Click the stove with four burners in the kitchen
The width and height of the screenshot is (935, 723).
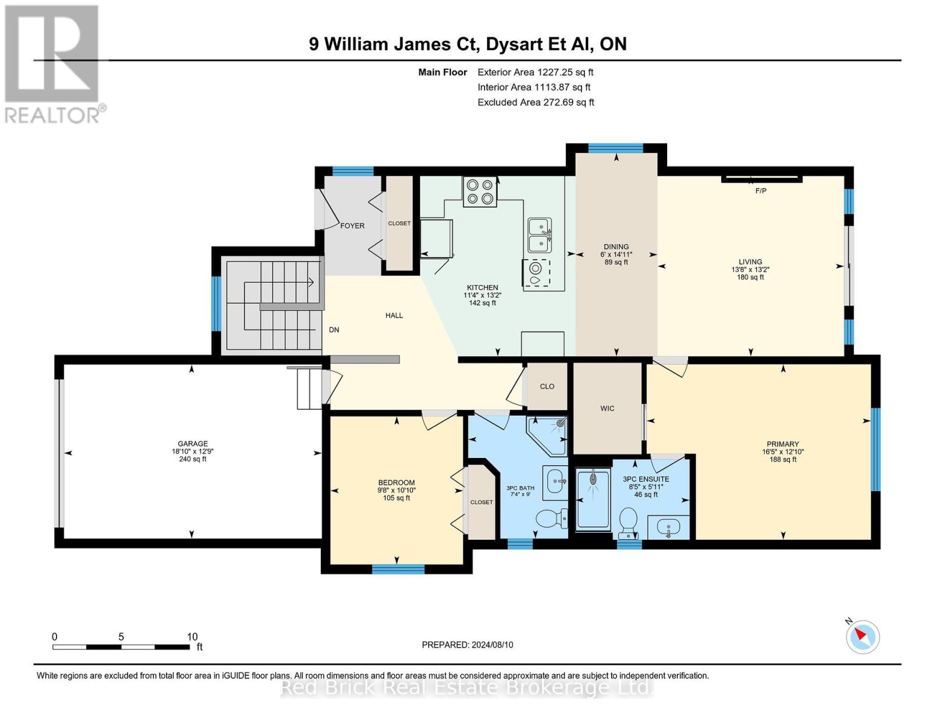tap(480, 192)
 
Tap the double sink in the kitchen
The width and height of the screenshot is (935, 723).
tap(539, 235)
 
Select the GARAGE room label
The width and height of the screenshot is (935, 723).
tap(193, 443)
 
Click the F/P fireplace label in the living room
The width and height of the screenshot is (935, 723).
tap(761, 191)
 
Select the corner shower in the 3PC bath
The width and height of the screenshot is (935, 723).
tap(547, 436)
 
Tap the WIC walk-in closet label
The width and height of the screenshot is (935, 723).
tap(607, 408)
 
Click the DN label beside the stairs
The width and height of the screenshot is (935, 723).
tap(334, 330)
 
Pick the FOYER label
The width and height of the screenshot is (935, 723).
tap(352, 226)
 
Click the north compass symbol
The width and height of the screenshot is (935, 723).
tap(862, 637)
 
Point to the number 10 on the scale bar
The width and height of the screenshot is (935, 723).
tap(192, 636)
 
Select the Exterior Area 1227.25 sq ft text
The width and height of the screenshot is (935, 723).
tap(535, 72)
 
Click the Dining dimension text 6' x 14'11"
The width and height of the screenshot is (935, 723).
tap(616, 254)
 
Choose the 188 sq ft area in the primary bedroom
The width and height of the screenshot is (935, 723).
tap(783, 460)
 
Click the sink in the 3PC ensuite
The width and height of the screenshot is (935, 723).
tap(668, 527)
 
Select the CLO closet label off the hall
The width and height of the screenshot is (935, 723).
tap(547, 386)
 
